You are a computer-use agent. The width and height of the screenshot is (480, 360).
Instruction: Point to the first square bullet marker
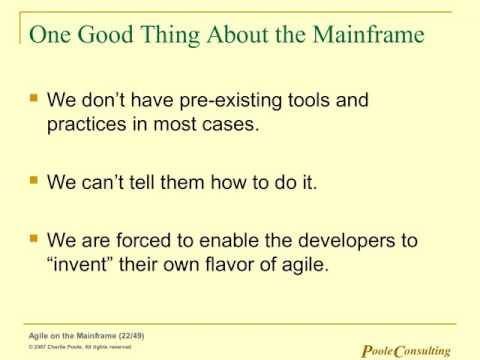(x=34, y=100)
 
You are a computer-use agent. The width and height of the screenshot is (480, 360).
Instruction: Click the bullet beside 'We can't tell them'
(x=34, y=183)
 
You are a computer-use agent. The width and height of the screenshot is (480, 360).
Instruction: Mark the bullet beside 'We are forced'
(x=34, y=241)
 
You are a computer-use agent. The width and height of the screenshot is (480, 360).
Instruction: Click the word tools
(x=299, y=101)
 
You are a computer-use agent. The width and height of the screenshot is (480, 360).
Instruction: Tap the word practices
(x=87, y=126)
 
